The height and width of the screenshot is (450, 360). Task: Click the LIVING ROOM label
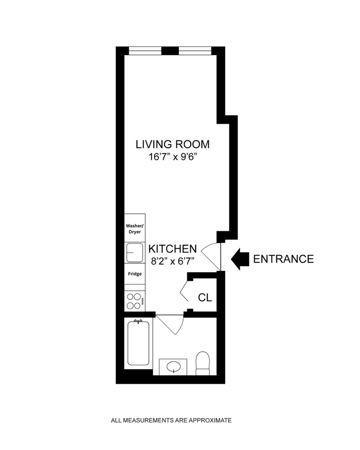173,144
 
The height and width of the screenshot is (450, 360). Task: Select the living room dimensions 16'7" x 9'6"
173,157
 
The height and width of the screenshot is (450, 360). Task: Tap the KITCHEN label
173,249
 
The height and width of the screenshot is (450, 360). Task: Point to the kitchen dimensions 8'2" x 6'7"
173,261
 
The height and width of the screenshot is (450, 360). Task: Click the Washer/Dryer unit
134,229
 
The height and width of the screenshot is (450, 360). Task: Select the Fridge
134,274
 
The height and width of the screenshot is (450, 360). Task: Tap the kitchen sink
134,253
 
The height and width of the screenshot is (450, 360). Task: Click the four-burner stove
134,301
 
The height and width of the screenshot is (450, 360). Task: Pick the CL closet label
205,297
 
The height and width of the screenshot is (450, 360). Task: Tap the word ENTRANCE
283,259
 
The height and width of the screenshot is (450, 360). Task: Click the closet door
185,292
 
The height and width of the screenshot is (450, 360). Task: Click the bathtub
138,343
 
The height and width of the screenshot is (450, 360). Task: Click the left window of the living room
145,50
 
